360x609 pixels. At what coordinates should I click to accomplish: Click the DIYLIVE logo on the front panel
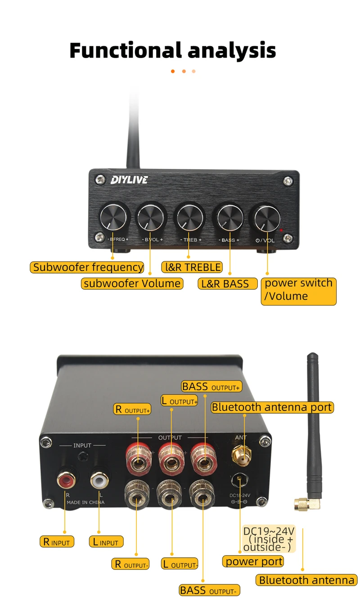coord(129,180)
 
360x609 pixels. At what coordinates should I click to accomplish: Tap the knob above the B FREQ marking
coord(115,217)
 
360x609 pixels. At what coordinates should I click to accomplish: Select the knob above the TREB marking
coord(189,217)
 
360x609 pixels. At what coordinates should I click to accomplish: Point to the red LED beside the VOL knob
coord(282,230)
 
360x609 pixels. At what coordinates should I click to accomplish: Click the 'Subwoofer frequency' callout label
coord(88,267)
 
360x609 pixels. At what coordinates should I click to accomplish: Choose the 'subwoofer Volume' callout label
coord(132,283)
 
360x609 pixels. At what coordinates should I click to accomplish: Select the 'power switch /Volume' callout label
coord(298,290)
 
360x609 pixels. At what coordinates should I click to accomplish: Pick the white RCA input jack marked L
coord(99,480)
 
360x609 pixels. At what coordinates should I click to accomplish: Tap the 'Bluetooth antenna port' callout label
coord(272,407)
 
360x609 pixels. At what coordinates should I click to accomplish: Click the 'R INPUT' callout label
coord(57,542)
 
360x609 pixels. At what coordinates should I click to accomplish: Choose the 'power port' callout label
coord(254,561)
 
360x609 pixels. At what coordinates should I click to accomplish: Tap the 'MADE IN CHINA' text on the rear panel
coord(85,502)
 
